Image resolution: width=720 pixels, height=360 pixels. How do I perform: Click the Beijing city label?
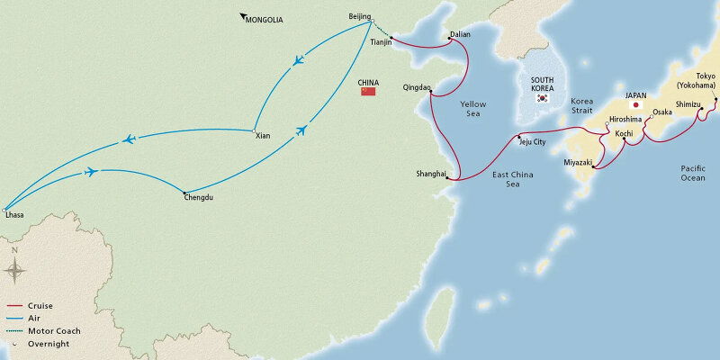(359, 17)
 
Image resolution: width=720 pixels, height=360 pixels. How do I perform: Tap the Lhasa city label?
(14, 215)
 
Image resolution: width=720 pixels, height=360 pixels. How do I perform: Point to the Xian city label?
(263, 136)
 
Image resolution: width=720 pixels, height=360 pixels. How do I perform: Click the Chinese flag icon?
(367, 91)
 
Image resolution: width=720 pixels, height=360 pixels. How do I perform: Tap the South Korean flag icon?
(542, 97)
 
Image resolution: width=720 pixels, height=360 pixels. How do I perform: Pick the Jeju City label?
(532, 142)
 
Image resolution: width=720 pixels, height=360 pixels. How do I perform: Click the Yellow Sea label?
(473, 110)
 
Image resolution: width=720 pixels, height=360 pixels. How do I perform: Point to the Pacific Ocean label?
(693, 173)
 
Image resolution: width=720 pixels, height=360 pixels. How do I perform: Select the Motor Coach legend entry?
(54, 331)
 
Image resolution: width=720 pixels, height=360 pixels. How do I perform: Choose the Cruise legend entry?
(40, 306)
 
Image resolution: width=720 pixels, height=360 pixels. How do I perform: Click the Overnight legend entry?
(49, 344)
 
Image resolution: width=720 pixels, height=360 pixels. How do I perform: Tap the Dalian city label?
(460, 34)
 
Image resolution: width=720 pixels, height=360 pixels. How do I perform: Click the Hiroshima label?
(625, 119)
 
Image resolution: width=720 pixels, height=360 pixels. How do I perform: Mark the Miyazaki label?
(577, 162)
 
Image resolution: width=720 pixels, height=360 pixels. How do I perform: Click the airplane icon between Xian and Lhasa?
(129, 139)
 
